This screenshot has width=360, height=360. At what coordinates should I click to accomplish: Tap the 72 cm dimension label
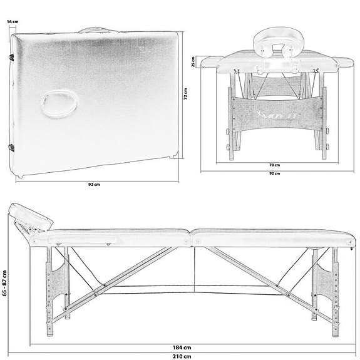(186, 98)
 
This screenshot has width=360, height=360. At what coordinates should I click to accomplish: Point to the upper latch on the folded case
(12, 57)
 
